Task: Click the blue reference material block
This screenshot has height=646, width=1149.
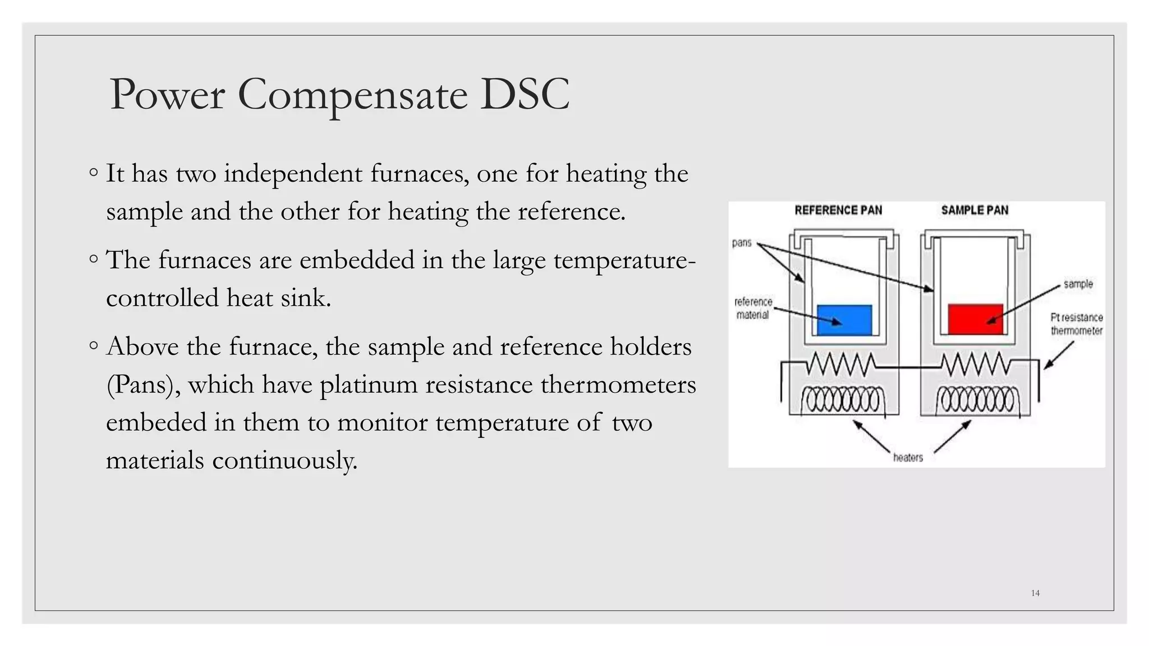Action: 844,320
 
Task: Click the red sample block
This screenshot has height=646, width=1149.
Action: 975,319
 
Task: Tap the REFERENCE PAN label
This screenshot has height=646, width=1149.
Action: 838,210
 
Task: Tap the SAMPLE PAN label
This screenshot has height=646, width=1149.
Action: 975,210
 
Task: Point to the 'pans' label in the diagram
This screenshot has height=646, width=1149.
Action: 742,243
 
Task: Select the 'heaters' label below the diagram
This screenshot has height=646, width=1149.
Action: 908,458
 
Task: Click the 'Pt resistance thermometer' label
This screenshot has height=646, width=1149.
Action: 1076,324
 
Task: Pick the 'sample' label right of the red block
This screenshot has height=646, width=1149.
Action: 1078,284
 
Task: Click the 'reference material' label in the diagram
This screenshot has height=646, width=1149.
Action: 753,308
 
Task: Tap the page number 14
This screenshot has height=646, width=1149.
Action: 1035,593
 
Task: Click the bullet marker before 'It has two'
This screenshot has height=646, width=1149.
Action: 94,172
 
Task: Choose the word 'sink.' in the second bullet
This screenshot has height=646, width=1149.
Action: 306,298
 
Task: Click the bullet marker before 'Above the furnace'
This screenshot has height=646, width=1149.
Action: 94,345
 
